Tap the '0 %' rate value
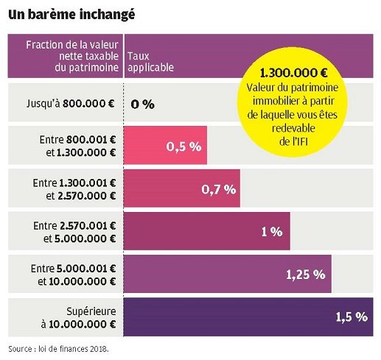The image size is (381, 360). tap(142, 104)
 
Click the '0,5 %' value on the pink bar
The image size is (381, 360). tap(183, 147)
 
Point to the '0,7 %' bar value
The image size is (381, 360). tap(218, 189)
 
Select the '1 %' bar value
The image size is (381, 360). tap(271, 232)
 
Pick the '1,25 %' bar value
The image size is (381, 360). tap(305, 275)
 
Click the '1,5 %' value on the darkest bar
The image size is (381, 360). tap(351, 317)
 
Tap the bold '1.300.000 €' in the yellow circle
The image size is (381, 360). tap(294, 74)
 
